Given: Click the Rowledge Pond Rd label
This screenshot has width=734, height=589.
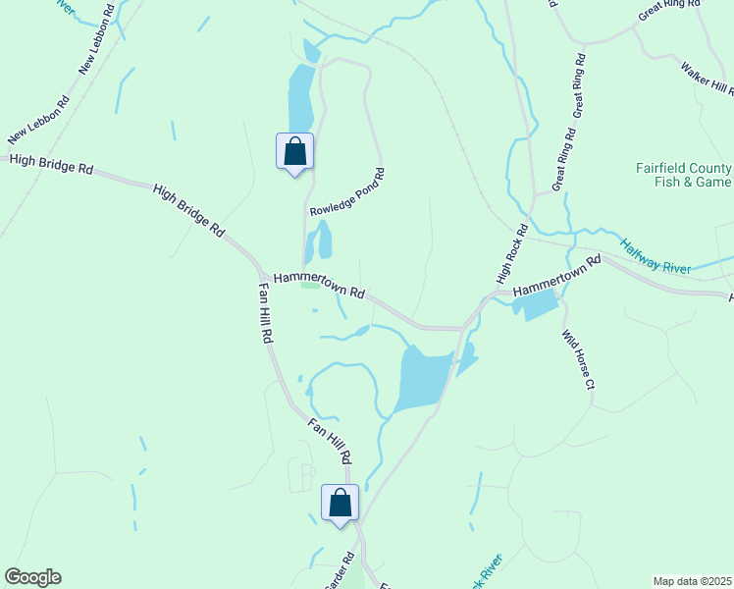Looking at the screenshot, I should click(347, 192).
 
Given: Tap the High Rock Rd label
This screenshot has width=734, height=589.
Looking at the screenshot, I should click(512, 253).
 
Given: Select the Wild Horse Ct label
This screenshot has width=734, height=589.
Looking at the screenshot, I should click(578, 359).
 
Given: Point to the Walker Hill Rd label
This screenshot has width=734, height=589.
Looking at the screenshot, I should click(708, 79).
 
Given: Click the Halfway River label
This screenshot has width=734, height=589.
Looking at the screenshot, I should click(656, 256).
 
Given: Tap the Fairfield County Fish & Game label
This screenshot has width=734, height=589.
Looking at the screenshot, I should click(683, 175).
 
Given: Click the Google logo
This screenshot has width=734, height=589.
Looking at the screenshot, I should click(32, 577).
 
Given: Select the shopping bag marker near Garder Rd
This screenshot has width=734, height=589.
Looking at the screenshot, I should click(340, 504).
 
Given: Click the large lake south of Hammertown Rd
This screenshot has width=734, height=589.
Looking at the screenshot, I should click(422, 378).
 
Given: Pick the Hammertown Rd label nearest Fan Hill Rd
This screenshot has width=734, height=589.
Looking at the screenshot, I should click(319, 286).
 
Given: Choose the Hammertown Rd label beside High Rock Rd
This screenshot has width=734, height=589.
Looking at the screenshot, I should click(555, 278).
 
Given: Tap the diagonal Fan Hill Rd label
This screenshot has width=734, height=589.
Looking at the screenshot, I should click(328, 441).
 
